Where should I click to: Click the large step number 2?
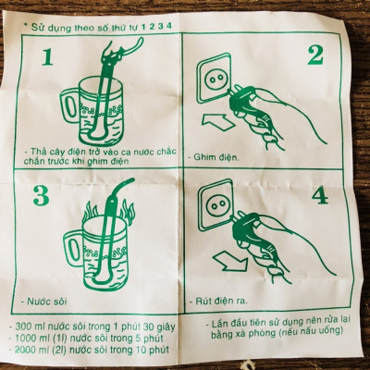click(314, 55)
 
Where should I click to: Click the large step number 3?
click(41, 196)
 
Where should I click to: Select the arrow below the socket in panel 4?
click(221, 256)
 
